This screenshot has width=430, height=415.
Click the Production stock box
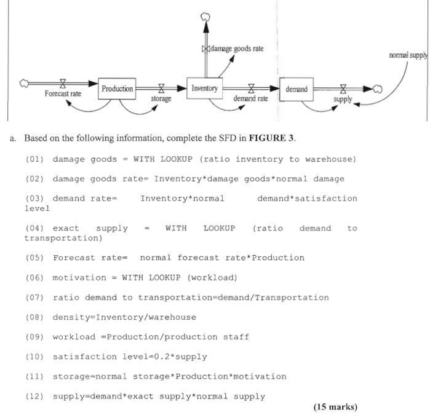(117, 89)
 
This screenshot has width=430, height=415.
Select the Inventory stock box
(204, 89)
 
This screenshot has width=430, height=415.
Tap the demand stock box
(296, 89)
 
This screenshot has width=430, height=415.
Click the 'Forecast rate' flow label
(63, 93)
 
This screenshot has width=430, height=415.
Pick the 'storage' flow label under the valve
(161, 98)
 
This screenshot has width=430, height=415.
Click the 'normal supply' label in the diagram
(408, 55)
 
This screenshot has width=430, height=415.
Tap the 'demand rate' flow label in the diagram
(250, 98)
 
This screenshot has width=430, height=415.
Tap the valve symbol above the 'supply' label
(343, 89)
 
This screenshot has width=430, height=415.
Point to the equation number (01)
(34, 159)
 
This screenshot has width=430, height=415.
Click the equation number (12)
(34, 396)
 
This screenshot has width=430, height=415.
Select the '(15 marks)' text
(335, 406)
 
